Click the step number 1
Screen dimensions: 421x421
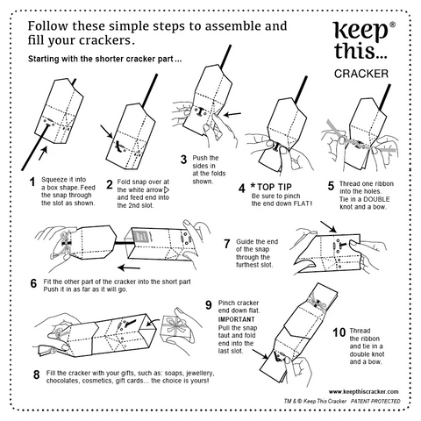(x=32, y=182)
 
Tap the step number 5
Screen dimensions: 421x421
(x=331, y=186)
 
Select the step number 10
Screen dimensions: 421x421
(x=339, y=332)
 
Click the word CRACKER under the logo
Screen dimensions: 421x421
(x=361, y=74)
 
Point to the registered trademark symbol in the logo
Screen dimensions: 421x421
(x=393, y=25)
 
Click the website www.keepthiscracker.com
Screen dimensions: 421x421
(x=363, y=392)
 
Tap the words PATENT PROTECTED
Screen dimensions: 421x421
(x=375, y=401)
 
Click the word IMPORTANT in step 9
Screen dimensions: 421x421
(x=237, y=319)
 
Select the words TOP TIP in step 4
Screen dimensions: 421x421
(x=275, y=187)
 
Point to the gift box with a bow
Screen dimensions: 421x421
(x=177, y=327)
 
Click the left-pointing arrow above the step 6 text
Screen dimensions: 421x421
(x=129, y=268)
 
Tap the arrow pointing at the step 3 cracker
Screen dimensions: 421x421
(x=232, y=114)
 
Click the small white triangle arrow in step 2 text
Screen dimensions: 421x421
(x=168, y=189)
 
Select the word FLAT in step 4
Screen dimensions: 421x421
(x=301, y=203)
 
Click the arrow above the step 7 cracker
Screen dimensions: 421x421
(x=329, y=227)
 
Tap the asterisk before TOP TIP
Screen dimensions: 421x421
(x=253, y=186)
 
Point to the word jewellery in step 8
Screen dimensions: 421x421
(x=200, y=374)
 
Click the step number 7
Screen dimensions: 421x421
(x=227, y=244)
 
